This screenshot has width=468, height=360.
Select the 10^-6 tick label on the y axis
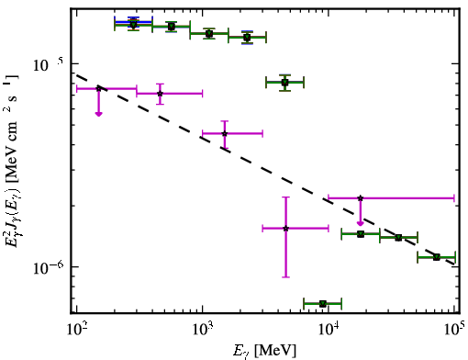[x=49, y=268]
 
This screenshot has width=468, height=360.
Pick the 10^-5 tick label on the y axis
[x=48, y=64]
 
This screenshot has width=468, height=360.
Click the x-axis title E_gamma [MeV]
[x=264, y=351]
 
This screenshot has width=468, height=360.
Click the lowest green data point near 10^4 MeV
[x=323, y=304]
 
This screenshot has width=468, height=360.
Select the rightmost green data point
[x=437, y=257]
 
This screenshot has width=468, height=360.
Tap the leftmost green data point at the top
[x=133, y=24]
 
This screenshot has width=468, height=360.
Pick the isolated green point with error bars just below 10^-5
[x=285, y=83]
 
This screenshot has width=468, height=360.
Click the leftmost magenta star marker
[x=98, y=88]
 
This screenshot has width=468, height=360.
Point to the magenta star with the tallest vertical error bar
[x=285, y=228]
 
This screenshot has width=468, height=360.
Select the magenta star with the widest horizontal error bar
[x=361, y=198]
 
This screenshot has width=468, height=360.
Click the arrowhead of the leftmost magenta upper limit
[x=98, y=114]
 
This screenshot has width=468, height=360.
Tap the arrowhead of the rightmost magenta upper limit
[x=361, y=223]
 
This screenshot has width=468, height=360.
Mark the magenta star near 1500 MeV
[x=225, y=133]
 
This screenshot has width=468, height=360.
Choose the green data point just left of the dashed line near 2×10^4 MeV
[x=361, y=234]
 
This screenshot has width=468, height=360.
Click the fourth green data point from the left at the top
[x=247, y=38]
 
